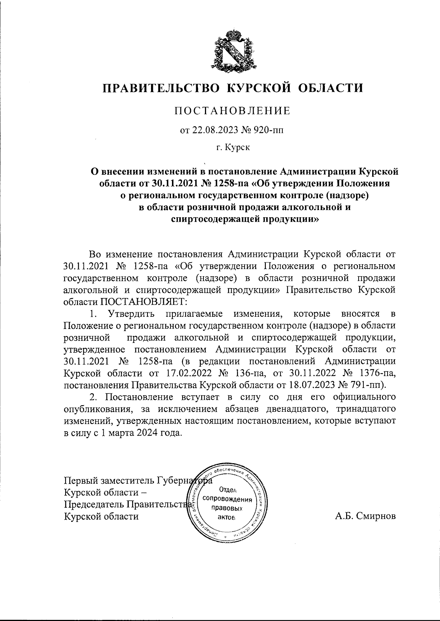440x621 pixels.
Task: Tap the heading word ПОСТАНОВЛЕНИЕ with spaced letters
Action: (232, 110)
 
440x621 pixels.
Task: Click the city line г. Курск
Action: (232, 148)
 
